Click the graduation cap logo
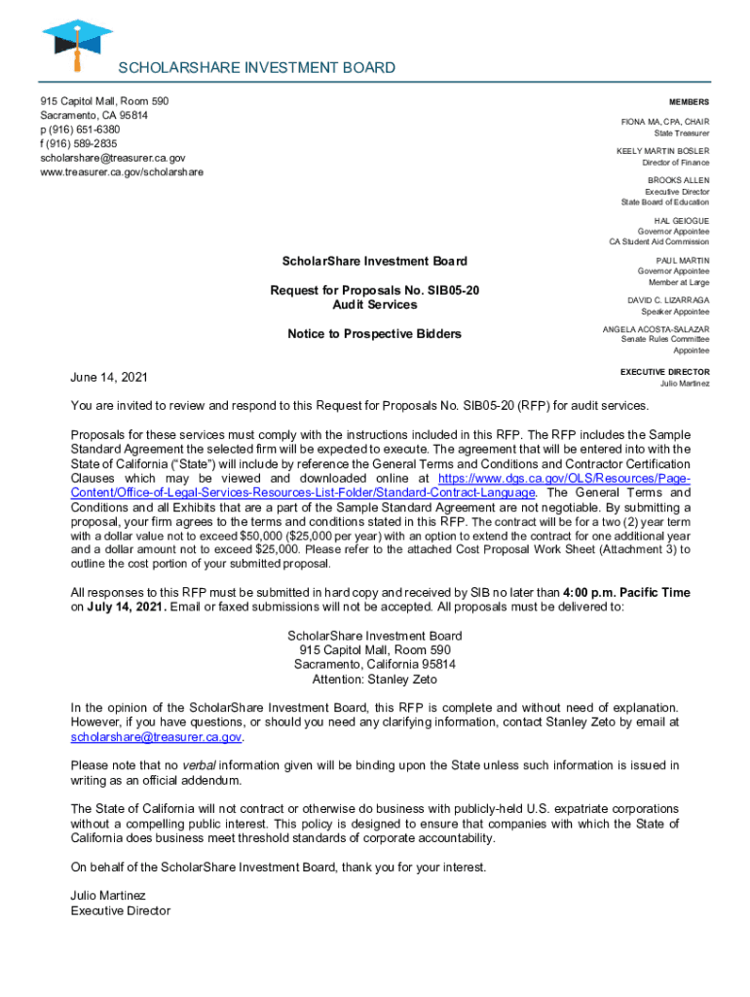(x=76, y=41)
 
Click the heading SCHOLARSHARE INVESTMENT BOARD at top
(x=256, y=67)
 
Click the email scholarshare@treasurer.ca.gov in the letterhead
(x=112, y=158)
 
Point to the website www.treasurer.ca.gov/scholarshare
(x=122, y=171)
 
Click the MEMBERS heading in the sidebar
(x=689, y=102)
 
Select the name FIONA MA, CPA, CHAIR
(x=665, y=122)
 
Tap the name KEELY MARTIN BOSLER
(x=662, y=151)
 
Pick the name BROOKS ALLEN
(x=678, y=180)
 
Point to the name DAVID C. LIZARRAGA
(x=668, y=300)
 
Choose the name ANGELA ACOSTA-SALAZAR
(x=656, y=329)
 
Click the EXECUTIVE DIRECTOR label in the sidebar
(x=664, y=372)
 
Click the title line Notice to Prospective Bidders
(x=374, y=334)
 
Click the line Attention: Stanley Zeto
(x=374, y=680)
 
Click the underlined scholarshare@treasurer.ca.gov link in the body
(x=155, y=737)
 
